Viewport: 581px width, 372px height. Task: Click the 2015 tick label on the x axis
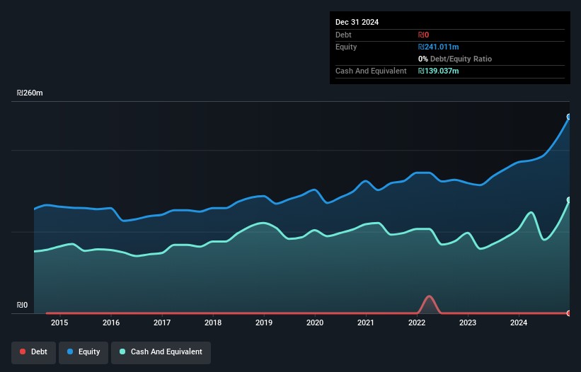(x=59, y=322)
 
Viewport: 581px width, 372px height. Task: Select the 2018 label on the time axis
(x=213, y=322)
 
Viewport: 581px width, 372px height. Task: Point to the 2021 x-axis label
(x=366, y=322)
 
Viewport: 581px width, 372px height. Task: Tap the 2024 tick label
(x=519, y=322)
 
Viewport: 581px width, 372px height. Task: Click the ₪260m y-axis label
(x=30, y=93)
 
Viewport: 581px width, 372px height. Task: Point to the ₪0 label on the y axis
(x=22, y=305)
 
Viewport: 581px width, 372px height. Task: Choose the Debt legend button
(x=34, y=352)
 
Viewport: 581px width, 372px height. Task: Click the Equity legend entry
(x=84, y=352)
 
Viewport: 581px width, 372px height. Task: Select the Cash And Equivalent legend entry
(x=161, y=352)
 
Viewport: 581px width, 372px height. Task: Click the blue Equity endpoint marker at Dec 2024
(x=569, y=117)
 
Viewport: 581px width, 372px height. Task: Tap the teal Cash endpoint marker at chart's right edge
(x=569, y=200)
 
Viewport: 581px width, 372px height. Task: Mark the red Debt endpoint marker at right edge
(x=569, y=313)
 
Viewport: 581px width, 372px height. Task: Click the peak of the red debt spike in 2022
(x=429, y=296)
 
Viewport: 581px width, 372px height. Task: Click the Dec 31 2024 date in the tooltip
(x=357, y=22)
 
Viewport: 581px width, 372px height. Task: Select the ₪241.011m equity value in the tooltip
(x=438, y=47)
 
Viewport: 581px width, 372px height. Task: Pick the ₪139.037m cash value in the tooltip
(x=438, y=71)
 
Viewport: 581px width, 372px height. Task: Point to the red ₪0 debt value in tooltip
(x=423, y=35)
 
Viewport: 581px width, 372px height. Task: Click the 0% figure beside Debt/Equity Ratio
(x=422, y=59)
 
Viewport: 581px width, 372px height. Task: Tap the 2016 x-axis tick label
(x=111, y=322)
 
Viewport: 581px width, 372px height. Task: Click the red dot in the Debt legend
(x=23, y=351)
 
